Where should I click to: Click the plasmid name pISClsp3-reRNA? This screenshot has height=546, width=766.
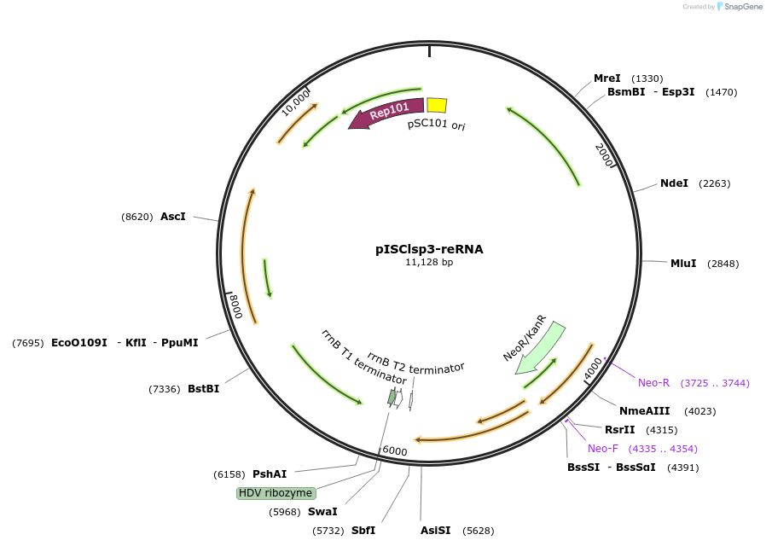429,249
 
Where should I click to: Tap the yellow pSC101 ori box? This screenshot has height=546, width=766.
436,105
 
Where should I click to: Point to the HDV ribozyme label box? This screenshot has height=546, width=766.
276,493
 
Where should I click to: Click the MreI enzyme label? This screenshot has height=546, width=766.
607,78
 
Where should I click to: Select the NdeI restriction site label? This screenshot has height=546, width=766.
674,183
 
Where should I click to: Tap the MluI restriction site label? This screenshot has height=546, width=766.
683,264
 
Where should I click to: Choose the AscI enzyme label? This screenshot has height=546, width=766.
173,217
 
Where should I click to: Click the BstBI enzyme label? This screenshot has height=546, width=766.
204,389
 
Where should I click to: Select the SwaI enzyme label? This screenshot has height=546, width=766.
322,512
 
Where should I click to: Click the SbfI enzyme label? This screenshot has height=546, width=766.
363,531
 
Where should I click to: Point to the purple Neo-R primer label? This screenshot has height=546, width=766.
654,383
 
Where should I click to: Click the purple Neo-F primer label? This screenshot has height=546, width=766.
603,449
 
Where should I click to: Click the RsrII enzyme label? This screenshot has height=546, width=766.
620,430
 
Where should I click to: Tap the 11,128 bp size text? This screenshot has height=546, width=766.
429,263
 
